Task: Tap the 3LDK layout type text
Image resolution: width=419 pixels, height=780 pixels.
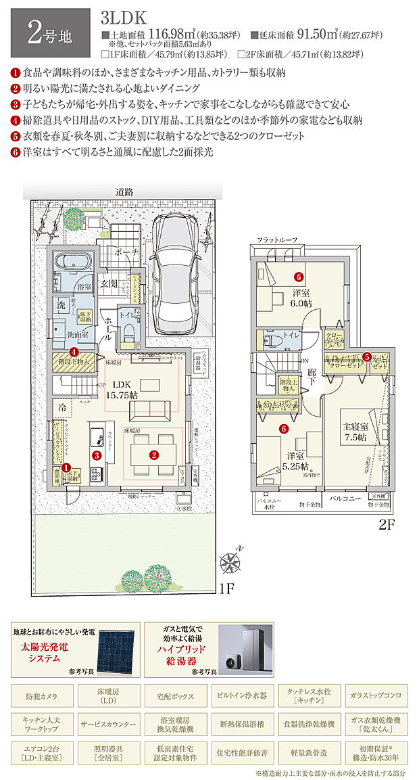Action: tap(120, 17)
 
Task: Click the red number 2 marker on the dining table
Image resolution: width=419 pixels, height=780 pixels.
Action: tap(154, 455)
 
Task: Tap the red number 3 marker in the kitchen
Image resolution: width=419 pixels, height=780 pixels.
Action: tap(97, 455)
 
